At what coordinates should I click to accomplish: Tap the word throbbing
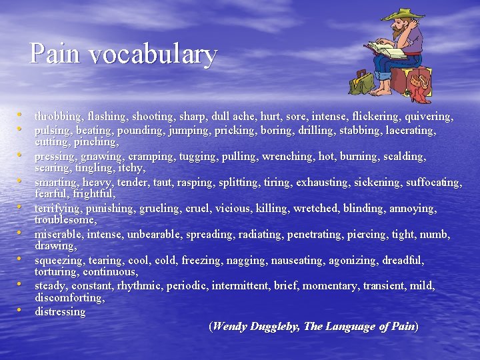coord(58,117)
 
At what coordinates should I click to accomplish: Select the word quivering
coord(430,117)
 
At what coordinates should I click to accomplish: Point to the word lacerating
coord(411,130)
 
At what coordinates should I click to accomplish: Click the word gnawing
coord(101,156)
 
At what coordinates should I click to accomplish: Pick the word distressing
coord(60,311)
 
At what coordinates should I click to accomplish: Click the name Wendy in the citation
coord(230,326)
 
